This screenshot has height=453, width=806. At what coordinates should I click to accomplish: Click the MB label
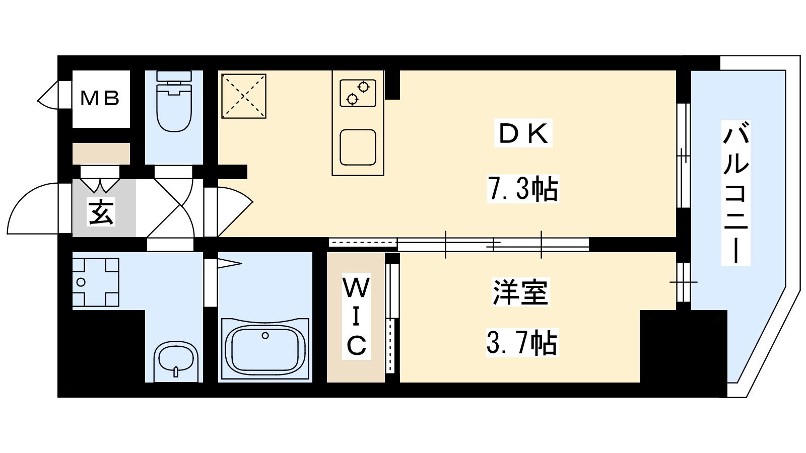[100, 98]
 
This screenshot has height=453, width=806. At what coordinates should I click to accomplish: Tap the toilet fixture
[174, 103]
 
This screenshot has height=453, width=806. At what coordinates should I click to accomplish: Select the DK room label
[523, 133]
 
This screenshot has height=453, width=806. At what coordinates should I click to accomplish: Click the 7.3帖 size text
[523, 189]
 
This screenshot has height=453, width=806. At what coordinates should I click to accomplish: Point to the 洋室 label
[520, 292]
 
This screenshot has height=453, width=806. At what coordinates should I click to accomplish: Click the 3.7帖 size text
[521, 343]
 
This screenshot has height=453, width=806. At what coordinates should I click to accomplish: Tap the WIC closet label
[356, 317]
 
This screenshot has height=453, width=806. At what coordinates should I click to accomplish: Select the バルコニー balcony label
[735, 193]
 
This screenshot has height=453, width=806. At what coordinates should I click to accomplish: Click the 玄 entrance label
[101, 212]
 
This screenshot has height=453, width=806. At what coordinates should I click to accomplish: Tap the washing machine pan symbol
[96, 282]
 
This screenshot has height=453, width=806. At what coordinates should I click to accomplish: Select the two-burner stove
[358, 93]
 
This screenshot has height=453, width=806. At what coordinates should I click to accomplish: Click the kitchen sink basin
[358, 147]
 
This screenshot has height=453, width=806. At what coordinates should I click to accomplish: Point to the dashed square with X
[244, 96]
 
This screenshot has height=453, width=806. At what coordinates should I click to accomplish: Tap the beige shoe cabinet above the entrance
[101, 154]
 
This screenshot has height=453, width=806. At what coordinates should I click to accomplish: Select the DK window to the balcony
[683, 156]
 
